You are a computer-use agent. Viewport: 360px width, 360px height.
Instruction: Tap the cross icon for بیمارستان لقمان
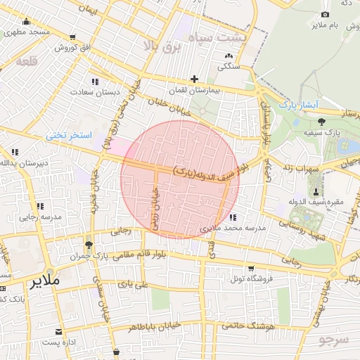(x=194, y=79)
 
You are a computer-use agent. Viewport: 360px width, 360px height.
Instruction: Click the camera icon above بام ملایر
(x=325, y=14)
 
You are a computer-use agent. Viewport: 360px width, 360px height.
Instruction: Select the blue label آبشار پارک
(x=299, y=105)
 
